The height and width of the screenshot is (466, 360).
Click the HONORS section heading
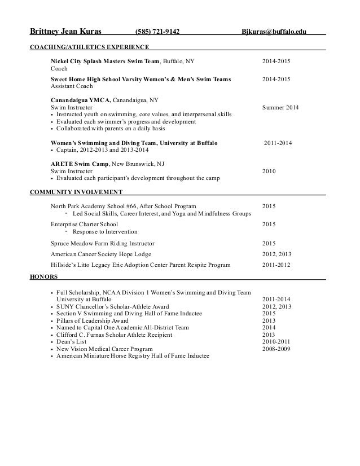[42, 276]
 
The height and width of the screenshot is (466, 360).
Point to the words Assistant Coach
[72, 87]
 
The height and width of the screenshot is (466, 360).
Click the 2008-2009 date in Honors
[276, 349]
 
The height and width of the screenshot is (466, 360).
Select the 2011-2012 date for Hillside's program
[276, 264]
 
